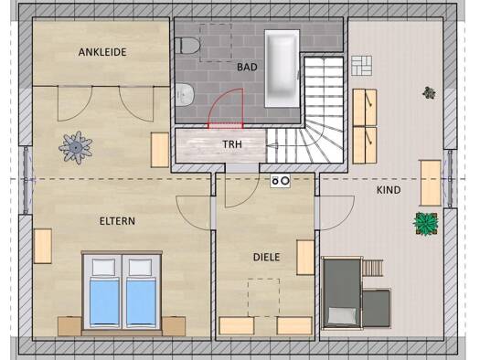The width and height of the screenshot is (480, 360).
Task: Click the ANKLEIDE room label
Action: pyautogui.click(x=102, y=52)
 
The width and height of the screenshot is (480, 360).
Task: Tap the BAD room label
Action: pyautogui.click(x=247, y=67)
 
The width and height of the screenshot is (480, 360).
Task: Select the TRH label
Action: pyautogui.click(x=232, y=144)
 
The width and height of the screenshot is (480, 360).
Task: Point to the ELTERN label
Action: pyautogui.click(x=117, y=221)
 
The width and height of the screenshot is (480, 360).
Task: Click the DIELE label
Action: pyautogui.click(x=266, y=258)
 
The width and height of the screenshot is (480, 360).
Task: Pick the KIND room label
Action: pyautogui.click(x=389, y=190)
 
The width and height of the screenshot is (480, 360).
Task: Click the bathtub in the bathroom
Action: pyautogui.click(x=282, y=69)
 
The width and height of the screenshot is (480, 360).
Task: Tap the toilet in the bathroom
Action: pyautogui.click(x=187, y=46)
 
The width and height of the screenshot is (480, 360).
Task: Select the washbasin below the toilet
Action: pyautogui.click(x=185, y=95)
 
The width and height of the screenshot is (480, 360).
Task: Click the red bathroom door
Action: pyautogui.click(x=226, y=109)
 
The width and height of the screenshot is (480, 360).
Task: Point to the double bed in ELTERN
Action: pyautogui.click(x=122, y=291)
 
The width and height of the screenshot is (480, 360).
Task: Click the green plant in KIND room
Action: pyautogui.click(x=425, y=223)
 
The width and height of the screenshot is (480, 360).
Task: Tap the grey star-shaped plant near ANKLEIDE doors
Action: pyautogui.click(x=75, y=147)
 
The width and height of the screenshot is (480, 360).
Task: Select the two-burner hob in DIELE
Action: pyautogui.click(x=281, y=181)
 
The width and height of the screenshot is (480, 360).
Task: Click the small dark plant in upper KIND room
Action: pyautogui.click(x=429, y=93)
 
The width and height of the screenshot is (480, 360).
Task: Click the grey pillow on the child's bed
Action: pyautogui.click(x=342, y=315)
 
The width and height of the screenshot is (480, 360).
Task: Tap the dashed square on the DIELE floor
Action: pyautogui.click(x=263, y=298)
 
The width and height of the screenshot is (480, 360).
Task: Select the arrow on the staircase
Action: pyautogui.click(x=272, y=146)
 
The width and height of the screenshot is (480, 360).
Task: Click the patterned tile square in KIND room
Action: pyautogui.click(x=361, y=66)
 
